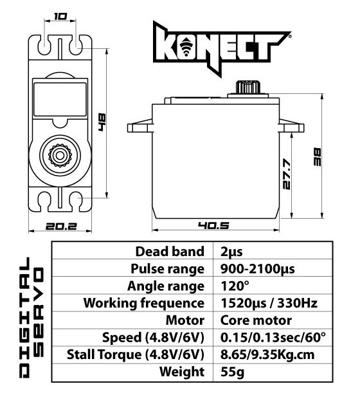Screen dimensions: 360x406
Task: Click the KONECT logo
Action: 222,48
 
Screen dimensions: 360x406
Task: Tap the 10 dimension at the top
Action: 60,17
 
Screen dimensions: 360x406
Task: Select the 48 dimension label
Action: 102,122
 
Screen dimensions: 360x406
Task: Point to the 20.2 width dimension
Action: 61,226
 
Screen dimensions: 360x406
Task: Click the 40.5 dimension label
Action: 213,225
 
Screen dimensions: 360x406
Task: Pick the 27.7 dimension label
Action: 287,174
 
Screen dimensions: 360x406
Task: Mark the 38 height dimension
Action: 317,156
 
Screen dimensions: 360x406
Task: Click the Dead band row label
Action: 170,252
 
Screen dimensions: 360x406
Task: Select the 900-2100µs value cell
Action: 258,269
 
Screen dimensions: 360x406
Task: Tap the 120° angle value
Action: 235,286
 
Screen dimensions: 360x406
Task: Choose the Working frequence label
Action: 144,303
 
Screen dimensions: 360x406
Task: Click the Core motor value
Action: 256,320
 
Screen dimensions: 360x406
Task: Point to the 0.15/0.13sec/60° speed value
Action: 273,337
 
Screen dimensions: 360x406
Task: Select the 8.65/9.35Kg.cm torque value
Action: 267,355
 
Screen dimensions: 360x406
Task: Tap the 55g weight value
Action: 232,372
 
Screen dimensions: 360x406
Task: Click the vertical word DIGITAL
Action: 24,317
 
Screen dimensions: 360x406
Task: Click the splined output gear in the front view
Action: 60,156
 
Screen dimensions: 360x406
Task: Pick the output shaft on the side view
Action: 248,88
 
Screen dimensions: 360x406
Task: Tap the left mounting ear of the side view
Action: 139,126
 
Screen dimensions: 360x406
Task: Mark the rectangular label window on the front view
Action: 60,100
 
